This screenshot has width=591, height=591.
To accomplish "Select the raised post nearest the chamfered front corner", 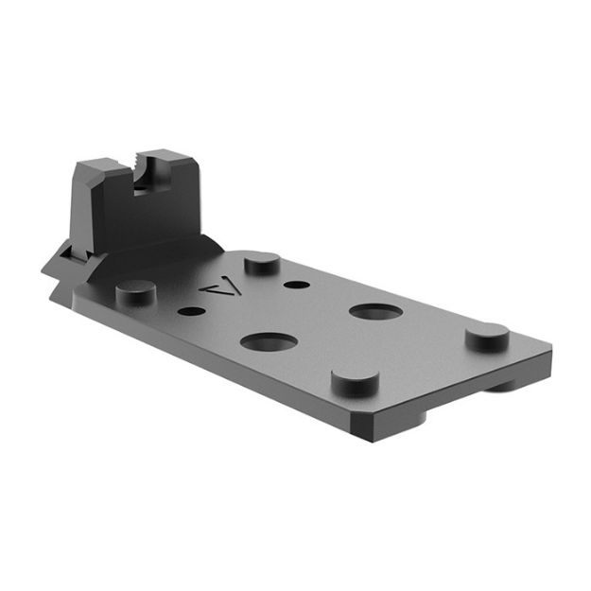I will pyautogui.click(x=355, y=380).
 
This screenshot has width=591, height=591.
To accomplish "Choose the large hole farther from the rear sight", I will pyautogui.click(x=375, y=311).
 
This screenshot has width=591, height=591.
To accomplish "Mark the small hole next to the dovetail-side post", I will pyautogui.click(x=190, y=309).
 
